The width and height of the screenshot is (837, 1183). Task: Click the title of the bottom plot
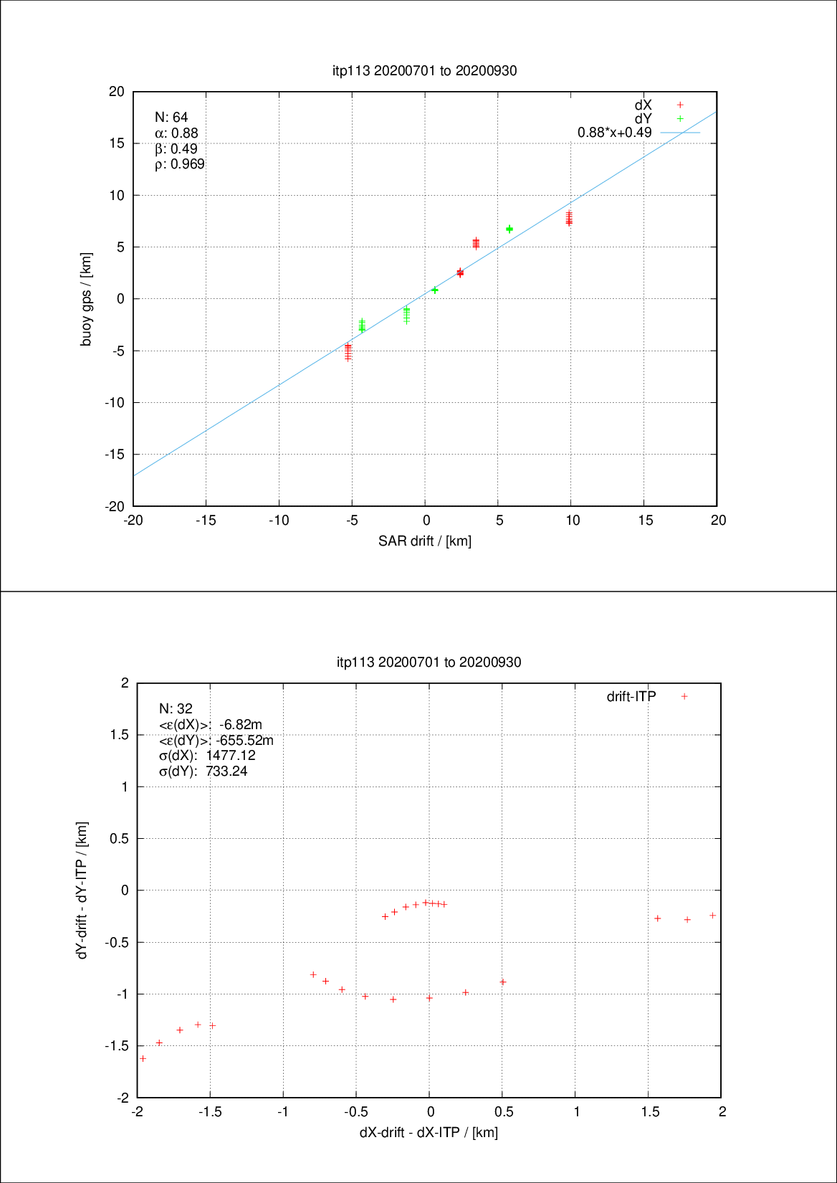tap(429, 662)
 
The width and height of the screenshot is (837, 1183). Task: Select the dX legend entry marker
tap(680, 105)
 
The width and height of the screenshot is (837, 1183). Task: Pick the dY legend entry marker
tap(680, 118)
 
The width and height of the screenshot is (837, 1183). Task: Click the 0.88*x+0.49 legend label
tap(614, 133)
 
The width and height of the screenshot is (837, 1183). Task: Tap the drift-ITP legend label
tap(631, 696)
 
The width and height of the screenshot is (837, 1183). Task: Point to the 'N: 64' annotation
tap(171, 118)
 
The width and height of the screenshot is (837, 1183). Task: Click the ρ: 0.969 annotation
tap(180, 165)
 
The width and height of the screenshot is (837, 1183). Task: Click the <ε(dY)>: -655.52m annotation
tap(216, 740)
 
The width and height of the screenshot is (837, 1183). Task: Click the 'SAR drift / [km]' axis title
tap(425, 541)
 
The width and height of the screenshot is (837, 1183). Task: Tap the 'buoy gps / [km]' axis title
tap(87, 299)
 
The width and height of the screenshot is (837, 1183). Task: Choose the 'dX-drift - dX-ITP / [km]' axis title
tap(429, 1133)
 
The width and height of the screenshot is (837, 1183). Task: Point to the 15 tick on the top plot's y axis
tap(117, 143)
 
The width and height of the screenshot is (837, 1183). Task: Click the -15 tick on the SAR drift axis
tap(206, 521)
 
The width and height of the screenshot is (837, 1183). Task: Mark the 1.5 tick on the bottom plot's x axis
tap(650, 1112)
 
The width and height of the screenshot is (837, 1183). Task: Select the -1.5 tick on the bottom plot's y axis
tap(117, 1046)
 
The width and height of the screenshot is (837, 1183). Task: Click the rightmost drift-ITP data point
tap(713, 916)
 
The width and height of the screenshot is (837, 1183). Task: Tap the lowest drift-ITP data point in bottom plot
tap(143, 1058)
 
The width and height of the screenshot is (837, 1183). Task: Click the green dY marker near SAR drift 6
tap(509, 229)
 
